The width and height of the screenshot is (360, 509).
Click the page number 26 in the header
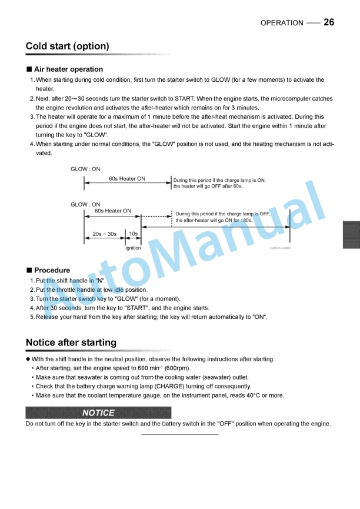(329, 22)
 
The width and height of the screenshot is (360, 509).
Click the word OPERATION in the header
(282, 23)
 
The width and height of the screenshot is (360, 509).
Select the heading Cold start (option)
(67, 46)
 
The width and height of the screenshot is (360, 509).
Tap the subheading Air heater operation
(68, 69)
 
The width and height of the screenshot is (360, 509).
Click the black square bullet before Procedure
(29, 270)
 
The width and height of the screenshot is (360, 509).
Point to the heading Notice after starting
(71, 342)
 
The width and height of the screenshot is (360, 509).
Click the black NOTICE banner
(98, 412)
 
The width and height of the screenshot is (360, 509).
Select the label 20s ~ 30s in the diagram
(104, 234)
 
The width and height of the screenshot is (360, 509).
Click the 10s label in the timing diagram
(134, 234)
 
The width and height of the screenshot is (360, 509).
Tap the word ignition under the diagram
(133, 248)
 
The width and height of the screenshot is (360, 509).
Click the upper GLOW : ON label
(85, 169)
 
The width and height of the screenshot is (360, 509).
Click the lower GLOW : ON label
(85, 205)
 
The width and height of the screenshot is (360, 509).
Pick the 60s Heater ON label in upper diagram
(127, 179)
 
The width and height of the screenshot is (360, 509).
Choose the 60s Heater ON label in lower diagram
(113, 211)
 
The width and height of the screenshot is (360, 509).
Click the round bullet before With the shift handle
(28, 359)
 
